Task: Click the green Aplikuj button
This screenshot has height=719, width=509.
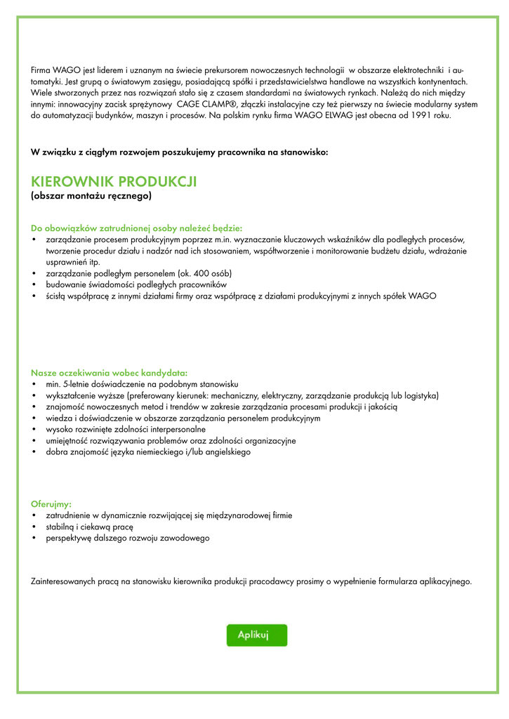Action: (256, 635)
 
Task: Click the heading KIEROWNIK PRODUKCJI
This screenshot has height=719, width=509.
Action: (114, 182)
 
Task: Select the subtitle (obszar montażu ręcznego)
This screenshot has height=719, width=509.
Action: (91, 197)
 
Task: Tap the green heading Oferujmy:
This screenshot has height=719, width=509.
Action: (51, 503)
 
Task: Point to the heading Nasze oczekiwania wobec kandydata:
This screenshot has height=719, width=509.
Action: (109, 372)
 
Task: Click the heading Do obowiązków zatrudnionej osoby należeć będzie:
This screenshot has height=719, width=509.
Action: (137, 227)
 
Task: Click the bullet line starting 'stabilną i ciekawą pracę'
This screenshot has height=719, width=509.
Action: (89, 527)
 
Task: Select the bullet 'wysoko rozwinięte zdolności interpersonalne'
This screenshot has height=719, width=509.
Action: (126, 429)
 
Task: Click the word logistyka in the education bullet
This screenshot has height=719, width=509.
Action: (418, 395)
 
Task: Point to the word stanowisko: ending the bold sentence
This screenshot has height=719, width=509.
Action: (303, 152)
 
